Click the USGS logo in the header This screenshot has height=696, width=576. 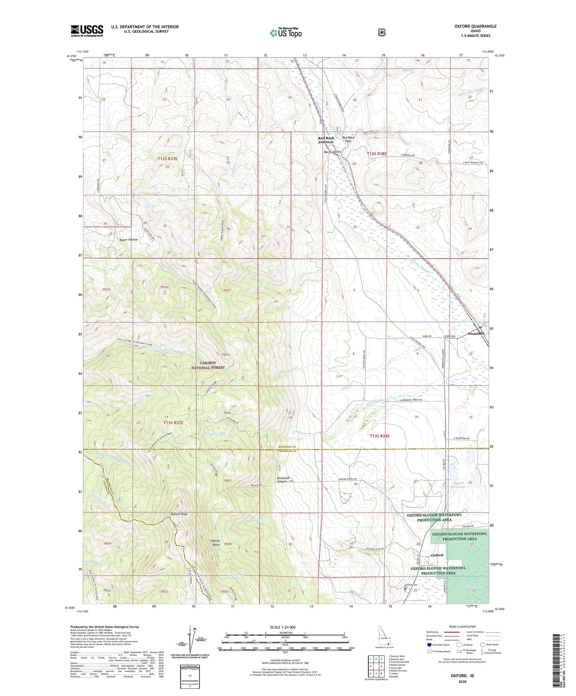[87, 30]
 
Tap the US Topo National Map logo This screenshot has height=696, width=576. [285, 32]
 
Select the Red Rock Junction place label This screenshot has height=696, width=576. [326, 140]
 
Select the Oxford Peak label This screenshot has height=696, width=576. [179, 514]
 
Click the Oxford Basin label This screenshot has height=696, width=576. [215, 543]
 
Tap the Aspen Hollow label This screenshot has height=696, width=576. [128, 240]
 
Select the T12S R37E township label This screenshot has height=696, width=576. [167, 159]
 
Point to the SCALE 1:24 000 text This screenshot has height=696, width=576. [283, 627]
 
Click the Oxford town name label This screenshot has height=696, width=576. [437, 555]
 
